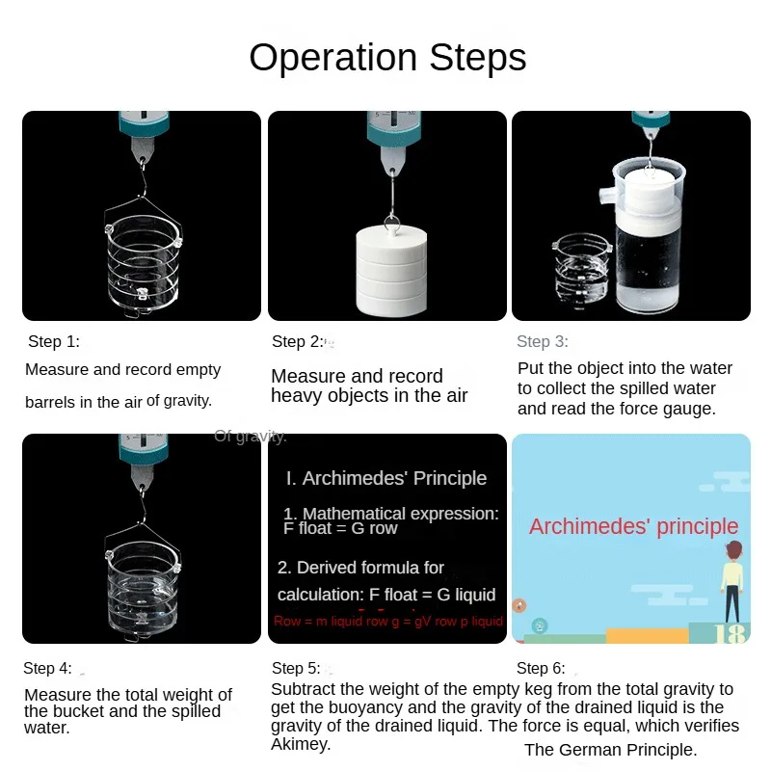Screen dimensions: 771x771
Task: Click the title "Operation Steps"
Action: click(x=387, y=58)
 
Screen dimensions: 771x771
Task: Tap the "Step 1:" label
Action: click(x=54, y=341)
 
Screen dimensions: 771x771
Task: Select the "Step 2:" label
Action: click(x=298, y=341)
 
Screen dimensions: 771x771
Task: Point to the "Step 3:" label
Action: click(x=543, y=341)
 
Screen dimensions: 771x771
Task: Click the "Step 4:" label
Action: click(x=47, y=668)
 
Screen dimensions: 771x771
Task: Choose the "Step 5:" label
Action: click(x=296, y=668)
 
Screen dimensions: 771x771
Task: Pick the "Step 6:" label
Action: click(x=541, y=668)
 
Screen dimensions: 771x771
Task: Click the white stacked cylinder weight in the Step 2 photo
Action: click(x=391, y=272)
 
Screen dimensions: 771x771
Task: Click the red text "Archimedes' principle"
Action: click(x=633, y=526)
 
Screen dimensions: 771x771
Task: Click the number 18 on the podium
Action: click(x=730, y=633)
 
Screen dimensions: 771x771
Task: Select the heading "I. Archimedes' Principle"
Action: click(x=386, y=478)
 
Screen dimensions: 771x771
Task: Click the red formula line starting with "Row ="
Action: click(x=388, y=621)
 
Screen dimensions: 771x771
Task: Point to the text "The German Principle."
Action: click(x=611, y=750)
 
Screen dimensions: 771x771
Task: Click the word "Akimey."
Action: click(x=301, y=744)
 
